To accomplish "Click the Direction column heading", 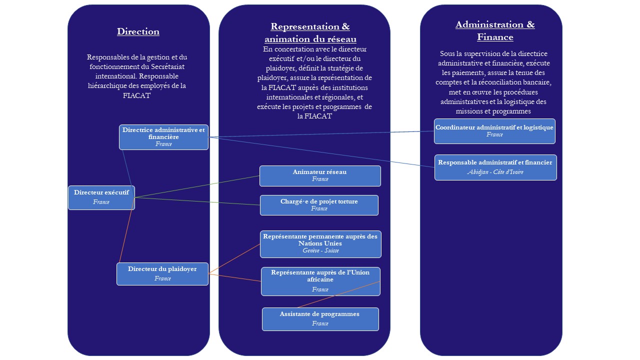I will click(138, 31).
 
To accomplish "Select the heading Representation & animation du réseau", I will click(310, 32).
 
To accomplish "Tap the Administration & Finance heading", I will click(494, 31).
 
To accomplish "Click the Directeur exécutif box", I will click(101, 197).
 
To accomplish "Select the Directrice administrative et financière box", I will click(163, 137).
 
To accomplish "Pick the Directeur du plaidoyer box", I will click(162, 273).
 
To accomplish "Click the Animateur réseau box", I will click(320, 175).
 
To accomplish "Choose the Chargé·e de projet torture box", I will click(319, 205).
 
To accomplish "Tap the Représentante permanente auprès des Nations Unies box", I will click(320, 243).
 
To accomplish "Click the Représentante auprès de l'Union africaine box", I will click(320, 281).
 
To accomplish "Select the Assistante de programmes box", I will click(320, 318).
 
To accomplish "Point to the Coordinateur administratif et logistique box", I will click(494, 131).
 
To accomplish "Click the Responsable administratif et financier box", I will click(495, 167).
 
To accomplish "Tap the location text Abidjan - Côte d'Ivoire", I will click(495, 172).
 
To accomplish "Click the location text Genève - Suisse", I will click(320, 250).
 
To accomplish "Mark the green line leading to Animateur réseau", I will click(197, 186).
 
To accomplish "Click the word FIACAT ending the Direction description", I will click(136, 95).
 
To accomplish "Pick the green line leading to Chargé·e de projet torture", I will click(197, 201).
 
